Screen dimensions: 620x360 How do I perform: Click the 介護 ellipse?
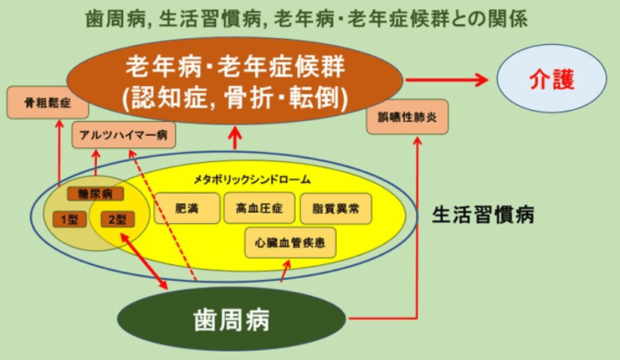click(x=552, y=78)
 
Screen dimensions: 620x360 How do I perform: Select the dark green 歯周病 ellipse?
click(x=232, y=319)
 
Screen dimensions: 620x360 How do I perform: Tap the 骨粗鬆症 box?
click(x=48, y=103)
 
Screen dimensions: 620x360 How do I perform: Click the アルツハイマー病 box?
click(x=124, y=135)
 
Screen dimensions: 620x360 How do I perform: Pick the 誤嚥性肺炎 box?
click(x=407, y=117)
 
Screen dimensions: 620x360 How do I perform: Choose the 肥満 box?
click(x=187, y=208)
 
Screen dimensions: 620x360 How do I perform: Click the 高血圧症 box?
click(x=259, y=208)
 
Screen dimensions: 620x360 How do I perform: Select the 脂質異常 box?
click(x=336, y=208)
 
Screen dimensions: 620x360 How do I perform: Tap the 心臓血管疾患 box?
click(x=290, y=243)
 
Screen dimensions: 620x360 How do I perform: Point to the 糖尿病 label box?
click(x=95, y=194)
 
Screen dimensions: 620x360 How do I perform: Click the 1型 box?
click(x=70, y=220)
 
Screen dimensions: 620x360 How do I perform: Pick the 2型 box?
click(x=117, y=220)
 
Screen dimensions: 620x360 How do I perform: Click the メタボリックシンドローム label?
click(x=252, y=180)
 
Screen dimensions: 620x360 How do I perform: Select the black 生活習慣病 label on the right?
click(x=483, y=215)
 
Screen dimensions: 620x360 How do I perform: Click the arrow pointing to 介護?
click(x=447, y=80)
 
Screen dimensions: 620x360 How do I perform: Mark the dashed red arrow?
click(x=163, y=216)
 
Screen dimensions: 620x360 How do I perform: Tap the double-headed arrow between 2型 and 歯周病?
click(x=144, y=261)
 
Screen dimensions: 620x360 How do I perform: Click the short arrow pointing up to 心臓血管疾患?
click(x=285, y=271)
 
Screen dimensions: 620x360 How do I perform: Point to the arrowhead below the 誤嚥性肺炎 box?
click(x=417, y=140)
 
